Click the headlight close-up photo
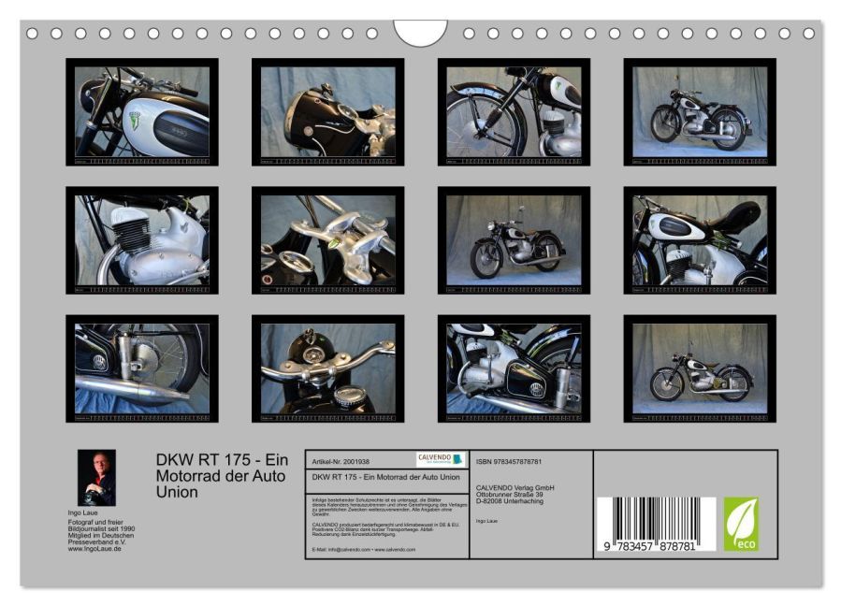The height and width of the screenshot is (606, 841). pos(327,111)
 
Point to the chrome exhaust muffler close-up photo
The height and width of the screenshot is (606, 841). pos(141,368)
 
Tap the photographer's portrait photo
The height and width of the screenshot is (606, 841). pos(96,477)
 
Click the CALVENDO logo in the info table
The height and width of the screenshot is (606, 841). pos(440,459)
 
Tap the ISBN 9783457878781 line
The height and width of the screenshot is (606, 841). pos(510,462)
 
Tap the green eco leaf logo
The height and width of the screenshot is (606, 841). pos(741,524)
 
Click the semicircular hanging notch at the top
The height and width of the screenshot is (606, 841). pos(420,32)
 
